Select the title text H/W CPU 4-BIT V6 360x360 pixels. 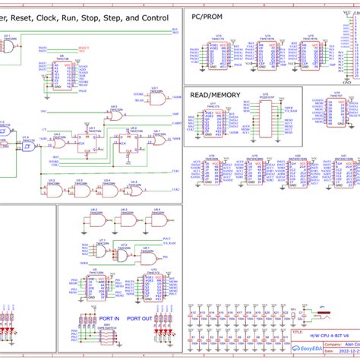319,336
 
